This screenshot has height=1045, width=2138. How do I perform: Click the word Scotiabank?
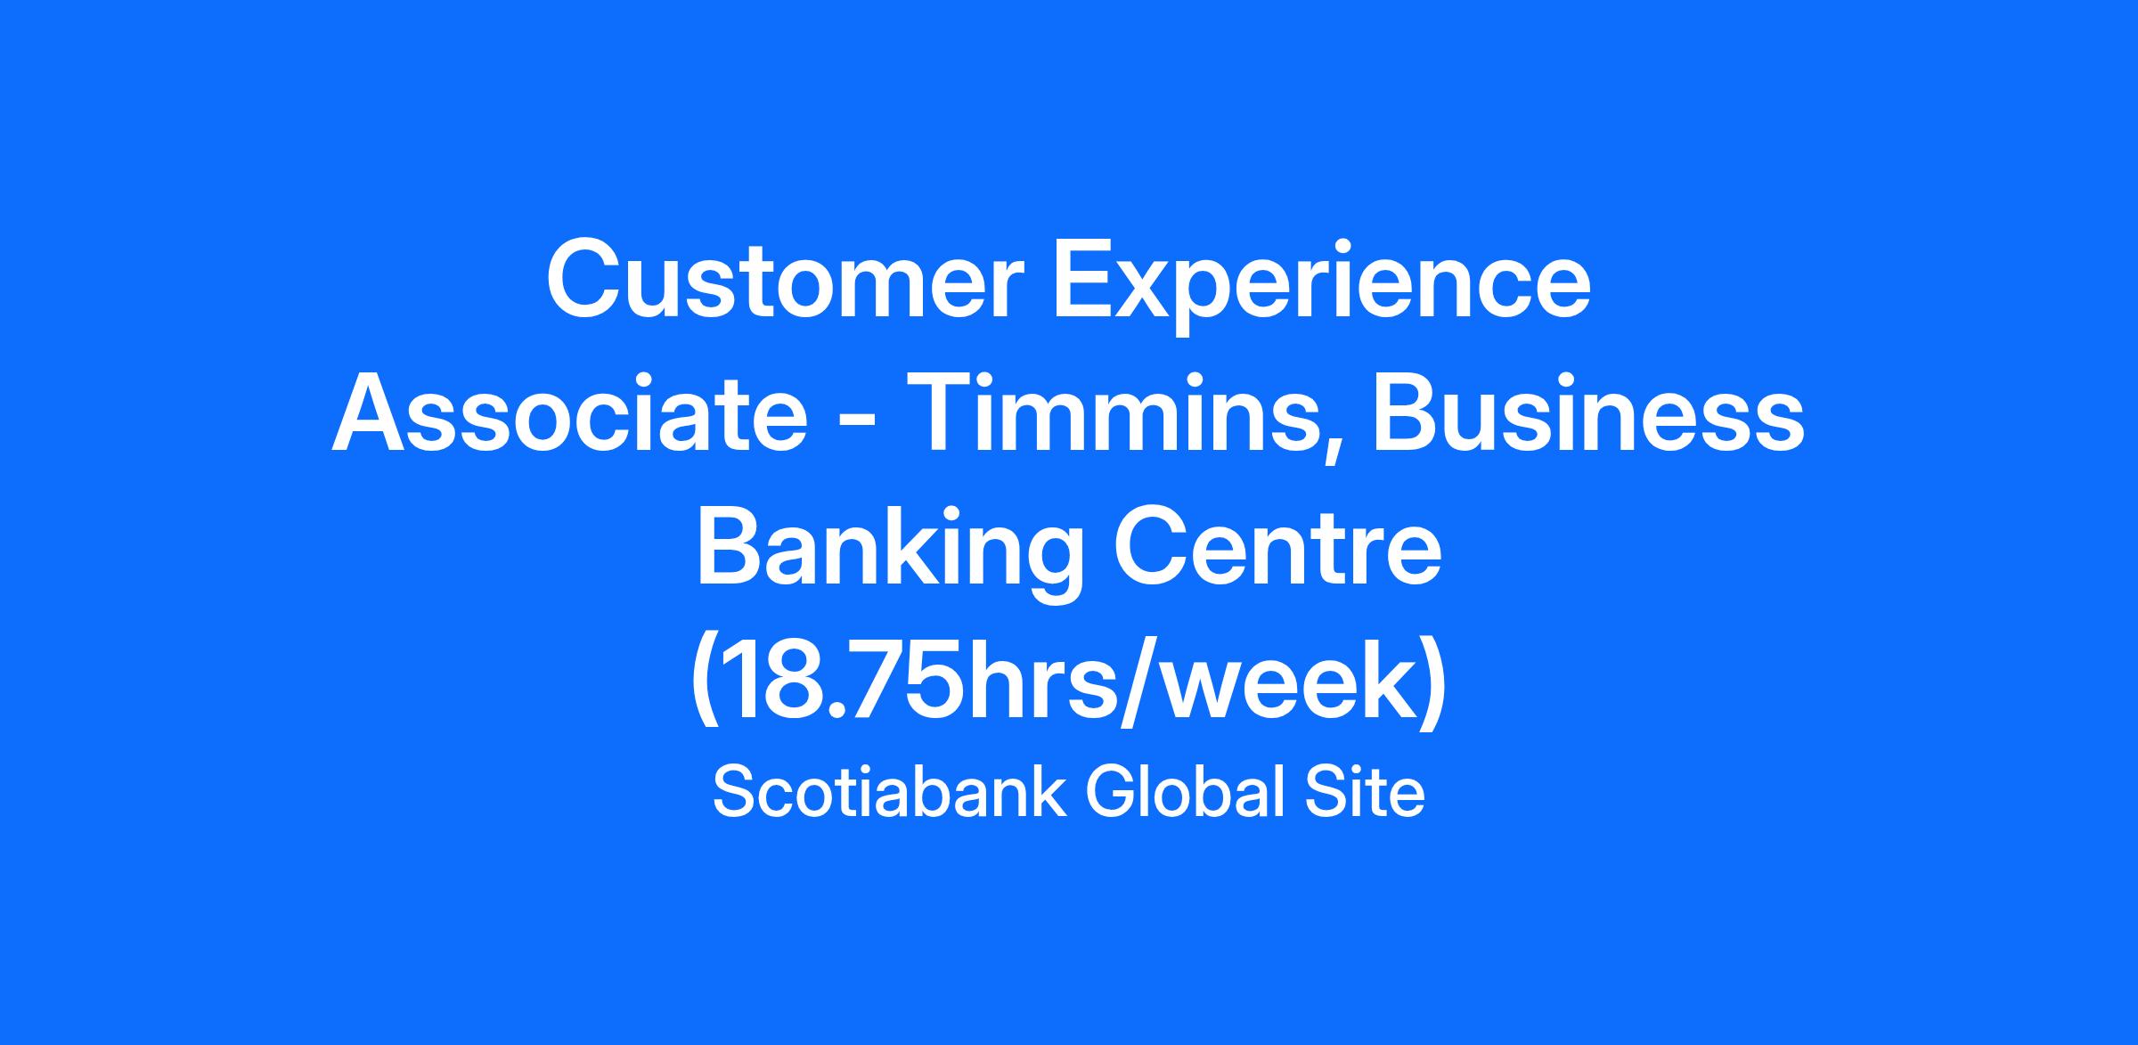pyautogui.click(x=889, y=793)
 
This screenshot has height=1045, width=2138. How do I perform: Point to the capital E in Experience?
pyautogui.click(x=1085, y=278)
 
